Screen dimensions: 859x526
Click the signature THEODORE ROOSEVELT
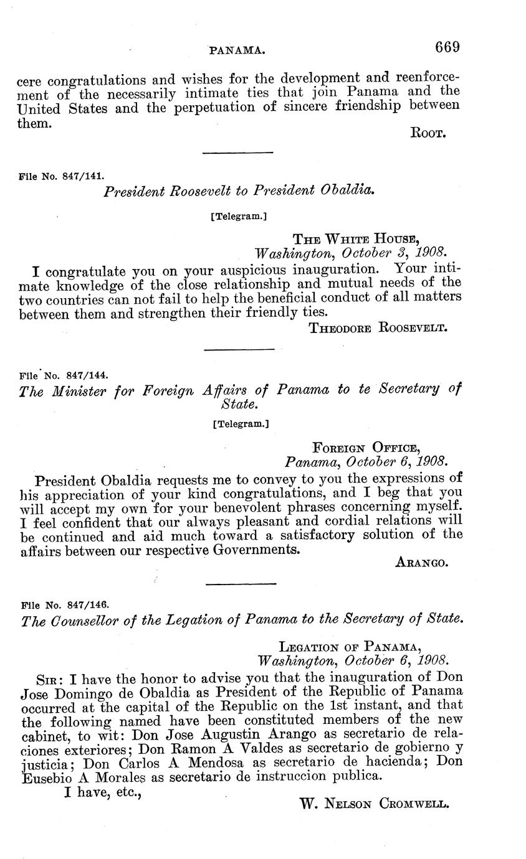(378, 328)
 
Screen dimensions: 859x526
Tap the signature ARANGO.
(422, 563)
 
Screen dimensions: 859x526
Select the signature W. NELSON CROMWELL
(374, 804)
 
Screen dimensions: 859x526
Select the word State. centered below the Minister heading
(239, 405)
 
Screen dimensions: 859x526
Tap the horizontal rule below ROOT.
(238, 153)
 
